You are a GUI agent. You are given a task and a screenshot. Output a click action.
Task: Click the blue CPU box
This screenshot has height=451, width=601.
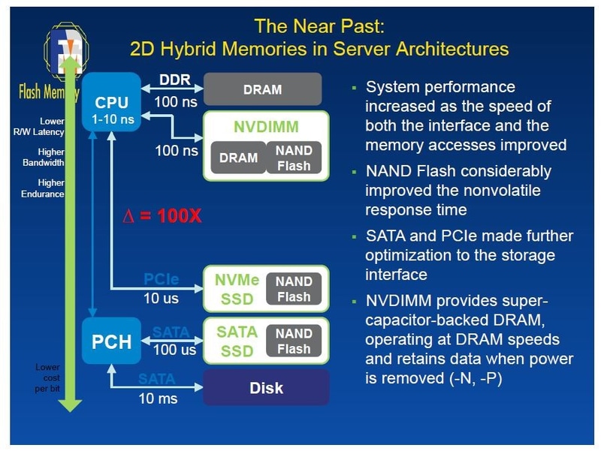click(x=111, y=102)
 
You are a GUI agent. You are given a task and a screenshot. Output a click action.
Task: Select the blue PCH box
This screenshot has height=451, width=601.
click(x=111, y=342)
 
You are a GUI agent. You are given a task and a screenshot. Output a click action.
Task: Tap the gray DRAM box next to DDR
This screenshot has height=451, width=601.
click(x=262, y=89)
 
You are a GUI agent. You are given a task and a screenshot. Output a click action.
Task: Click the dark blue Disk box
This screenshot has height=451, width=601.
click(x=267, y=388)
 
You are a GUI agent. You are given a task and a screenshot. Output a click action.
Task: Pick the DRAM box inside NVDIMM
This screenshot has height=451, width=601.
click(x=237, y=158)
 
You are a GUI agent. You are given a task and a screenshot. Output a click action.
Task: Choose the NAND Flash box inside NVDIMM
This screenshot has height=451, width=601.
click(x=294, y=158)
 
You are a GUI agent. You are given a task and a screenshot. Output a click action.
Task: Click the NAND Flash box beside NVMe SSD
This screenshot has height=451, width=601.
click(x=294, y=289)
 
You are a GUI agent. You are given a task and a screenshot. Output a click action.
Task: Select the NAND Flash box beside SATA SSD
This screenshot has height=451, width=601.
click(x=294, y=341)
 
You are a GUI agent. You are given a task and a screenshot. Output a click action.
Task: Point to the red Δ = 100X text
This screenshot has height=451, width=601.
click(x=163, y=216)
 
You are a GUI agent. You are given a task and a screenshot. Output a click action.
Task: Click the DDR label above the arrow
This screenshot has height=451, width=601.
click(x=175, y=80)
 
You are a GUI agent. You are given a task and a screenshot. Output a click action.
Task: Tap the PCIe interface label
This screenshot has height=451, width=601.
click(x=161, y=280)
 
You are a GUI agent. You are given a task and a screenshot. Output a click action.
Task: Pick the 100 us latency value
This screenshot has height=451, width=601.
click(x=175, y=350)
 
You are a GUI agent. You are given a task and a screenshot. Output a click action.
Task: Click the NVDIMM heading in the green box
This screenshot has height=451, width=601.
click(x=266, y=126)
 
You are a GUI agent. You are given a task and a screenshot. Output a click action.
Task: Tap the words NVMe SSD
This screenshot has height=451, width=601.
click(x=237, y=289)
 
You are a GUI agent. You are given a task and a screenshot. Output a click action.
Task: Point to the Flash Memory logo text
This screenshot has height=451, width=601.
click(x=47, y=93)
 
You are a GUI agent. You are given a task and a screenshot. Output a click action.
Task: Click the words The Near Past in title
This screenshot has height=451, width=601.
click(x=319, y=27)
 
